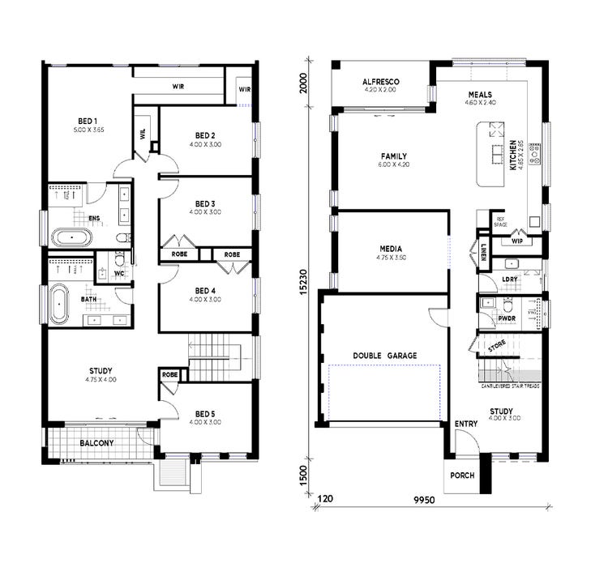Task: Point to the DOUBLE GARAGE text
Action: click(x=384, y=355)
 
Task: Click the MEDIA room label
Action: click(x=391, y=249)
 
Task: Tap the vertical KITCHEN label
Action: click(x=512, y=154)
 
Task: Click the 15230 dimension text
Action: click(x=302, y=275)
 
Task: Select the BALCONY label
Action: click(x=96, y=443)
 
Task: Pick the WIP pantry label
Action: click(x=517, y=241)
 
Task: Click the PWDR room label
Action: click(x=507, y=318)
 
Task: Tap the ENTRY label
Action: click(x=466, y=424)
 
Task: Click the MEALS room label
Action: click(x=479, y=94)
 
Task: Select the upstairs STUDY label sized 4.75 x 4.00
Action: click(x=101, y=372)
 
